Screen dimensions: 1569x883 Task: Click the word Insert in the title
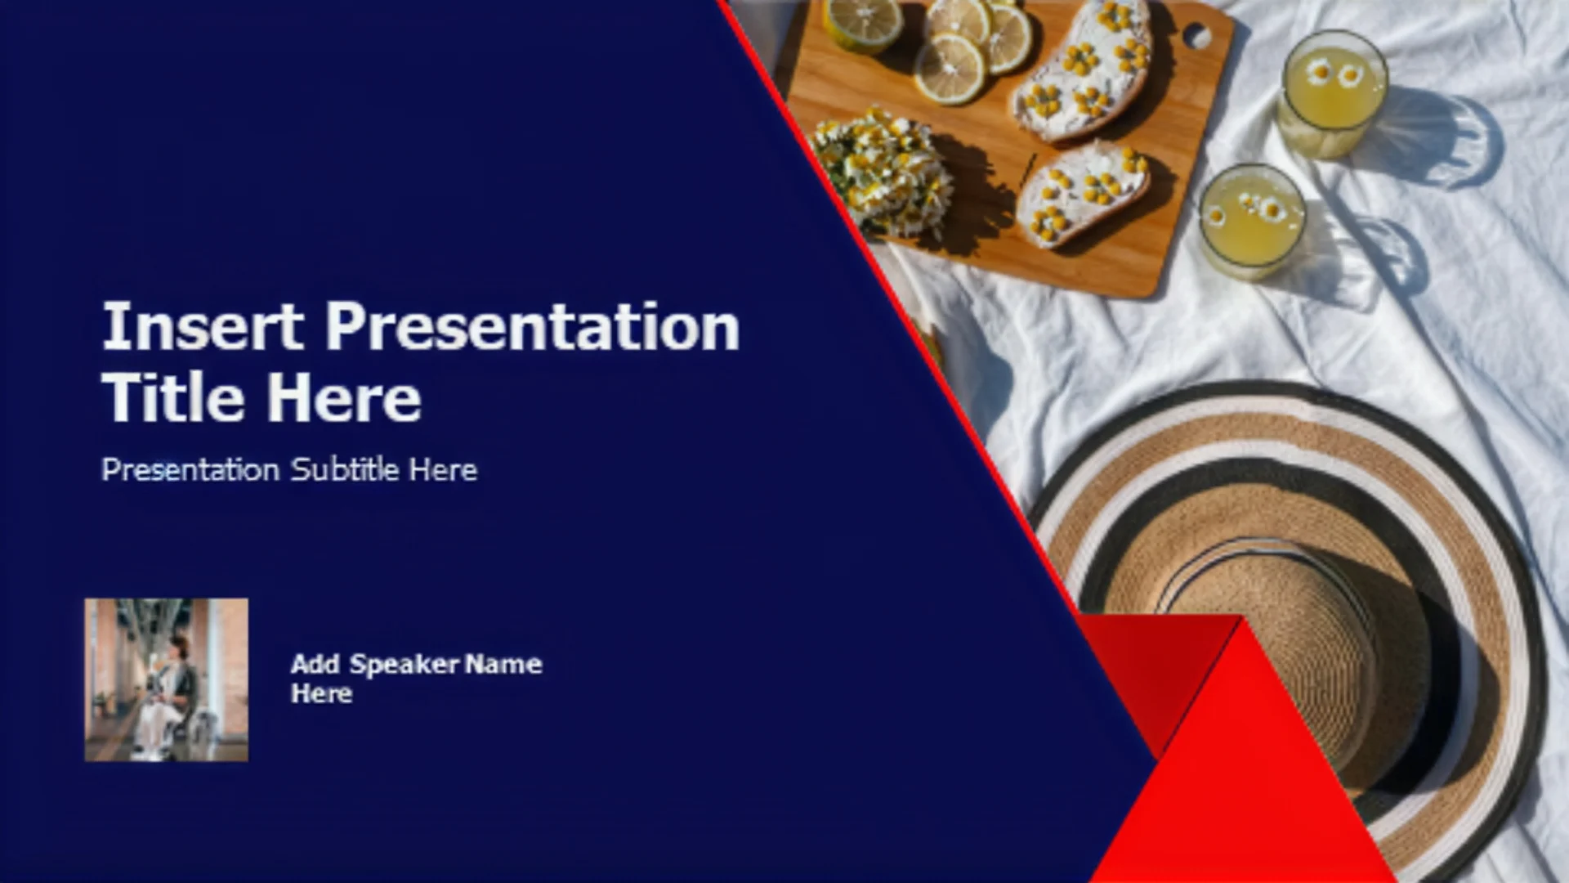[203, 326]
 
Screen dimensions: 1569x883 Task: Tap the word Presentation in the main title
[533, 326]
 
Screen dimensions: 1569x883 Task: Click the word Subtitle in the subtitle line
[345, 469]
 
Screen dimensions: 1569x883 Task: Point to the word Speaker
[405, 664]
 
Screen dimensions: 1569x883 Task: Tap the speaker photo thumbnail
[166, 679]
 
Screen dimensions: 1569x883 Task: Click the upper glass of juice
[1333, 95]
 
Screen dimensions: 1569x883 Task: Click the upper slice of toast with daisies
[1084, 69]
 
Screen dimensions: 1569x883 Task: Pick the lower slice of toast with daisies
[1083, 192]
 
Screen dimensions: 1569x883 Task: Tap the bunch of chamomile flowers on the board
[884, 170]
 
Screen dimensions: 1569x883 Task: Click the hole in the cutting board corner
[1197, 35]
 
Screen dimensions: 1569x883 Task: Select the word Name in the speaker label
[503, 664]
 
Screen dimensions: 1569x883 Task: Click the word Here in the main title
[344, 397]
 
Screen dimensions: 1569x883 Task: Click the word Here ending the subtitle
[443, 469]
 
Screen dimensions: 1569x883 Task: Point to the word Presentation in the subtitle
[190, 469]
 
